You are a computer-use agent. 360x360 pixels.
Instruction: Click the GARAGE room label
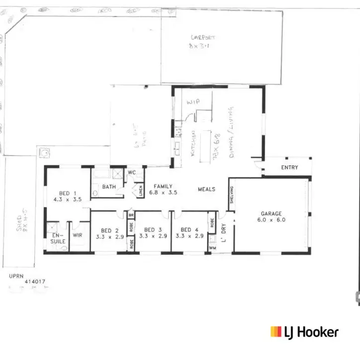coord(271,213)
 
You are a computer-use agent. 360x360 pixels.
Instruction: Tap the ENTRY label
coord(289,168)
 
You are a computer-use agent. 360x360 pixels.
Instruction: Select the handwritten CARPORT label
coord(201,37)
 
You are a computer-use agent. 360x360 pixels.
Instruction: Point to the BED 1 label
coord(68,193)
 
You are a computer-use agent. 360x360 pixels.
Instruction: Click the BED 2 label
coord(109,230)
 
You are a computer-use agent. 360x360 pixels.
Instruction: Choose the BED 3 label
coord(152,230)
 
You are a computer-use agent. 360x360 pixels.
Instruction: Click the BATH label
coord(109,187)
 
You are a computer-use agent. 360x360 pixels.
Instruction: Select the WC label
coord(132,173)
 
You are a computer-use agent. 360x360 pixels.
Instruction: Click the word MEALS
coord(206,189)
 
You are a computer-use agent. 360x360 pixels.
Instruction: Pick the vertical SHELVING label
coord(231,191)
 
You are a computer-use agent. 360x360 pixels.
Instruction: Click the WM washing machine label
coord(212,247)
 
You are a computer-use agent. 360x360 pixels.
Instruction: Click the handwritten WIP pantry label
coord(192,101)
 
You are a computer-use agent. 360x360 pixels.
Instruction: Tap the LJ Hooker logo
coord(304,332)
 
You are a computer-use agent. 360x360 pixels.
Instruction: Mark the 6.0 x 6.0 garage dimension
coord(271,219)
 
